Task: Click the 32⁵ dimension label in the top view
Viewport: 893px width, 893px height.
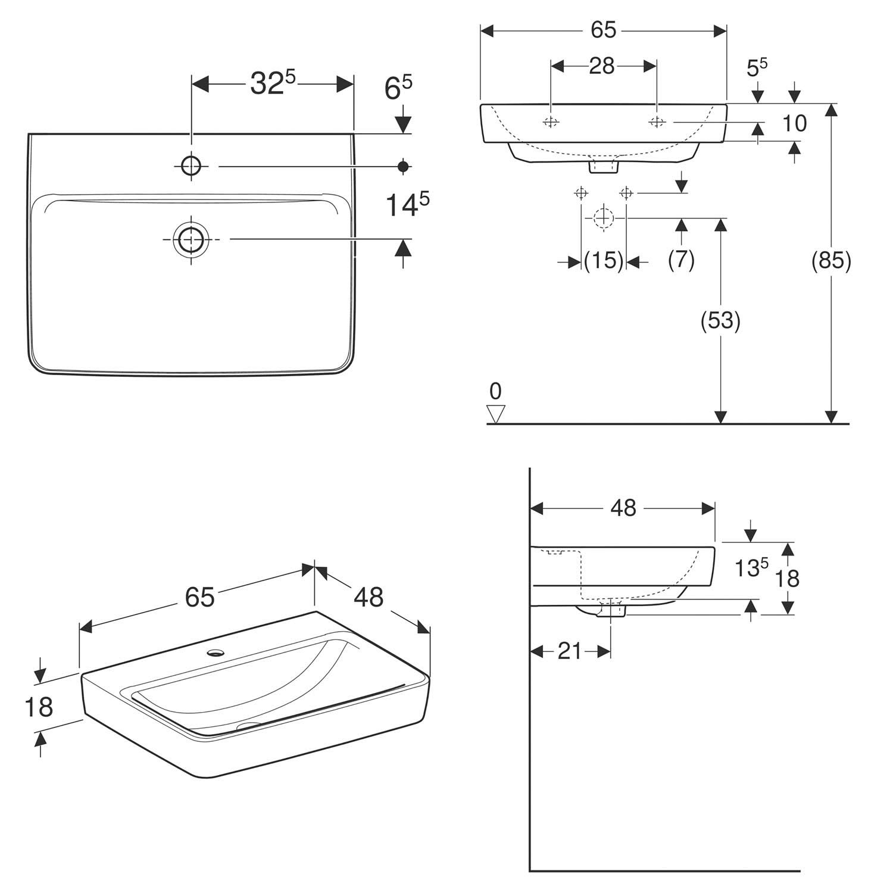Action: [x=273, y=83]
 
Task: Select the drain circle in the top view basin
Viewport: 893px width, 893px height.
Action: [x=190, y=239]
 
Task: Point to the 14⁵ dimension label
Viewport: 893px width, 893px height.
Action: [x=407, y=204]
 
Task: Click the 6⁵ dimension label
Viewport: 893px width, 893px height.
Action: [x=398, y=88]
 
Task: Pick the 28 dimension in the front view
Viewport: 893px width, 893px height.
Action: [x=602, y=66]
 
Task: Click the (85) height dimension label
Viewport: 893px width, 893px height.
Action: [x=831, y=260]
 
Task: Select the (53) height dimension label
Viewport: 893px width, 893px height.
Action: [x=720, y=320]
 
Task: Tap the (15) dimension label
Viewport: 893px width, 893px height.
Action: [x=604, y=260]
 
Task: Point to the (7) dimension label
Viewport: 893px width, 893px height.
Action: [x=681, y=260]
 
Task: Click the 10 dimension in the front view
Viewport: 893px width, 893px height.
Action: [x=794, y=123]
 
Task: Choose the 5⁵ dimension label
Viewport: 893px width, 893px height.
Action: [x=757, y=67]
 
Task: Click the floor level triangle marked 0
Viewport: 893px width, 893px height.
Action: [x=495, y=413]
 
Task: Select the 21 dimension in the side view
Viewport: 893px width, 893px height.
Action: [x=569, y=651]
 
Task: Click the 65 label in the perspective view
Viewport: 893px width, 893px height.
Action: [x=199, y=597]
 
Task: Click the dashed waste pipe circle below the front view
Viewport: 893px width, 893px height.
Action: [x=604, y=218]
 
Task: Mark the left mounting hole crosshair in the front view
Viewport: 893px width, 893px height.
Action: [x=551, y=122]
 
